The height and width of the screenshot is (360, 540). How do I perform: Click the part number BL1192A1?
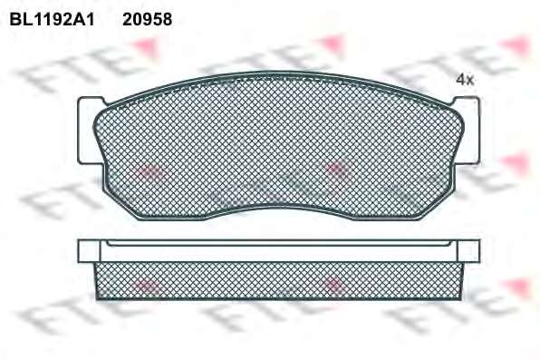(x=52, y=20)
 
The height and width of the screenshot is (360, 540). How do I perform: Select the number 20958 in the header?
(x=147, y=20)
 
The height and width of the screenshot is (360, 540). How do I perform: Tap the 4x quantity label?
(x=465, y=80)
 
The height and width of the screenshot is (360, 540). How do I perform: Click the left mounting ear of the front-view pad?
(x=88, y=131)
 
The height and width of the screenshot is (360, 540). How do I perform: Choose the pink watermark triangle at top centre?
(x=332, y=45)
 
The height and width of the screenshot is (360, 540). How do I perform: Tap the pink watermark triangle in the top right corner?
(x=516, y=45)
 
